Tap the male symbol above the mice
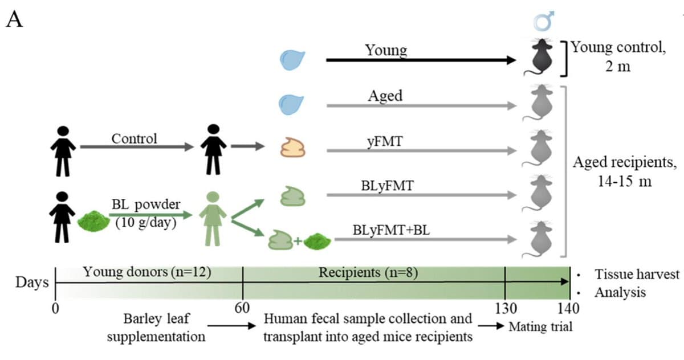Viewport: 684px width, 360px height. (x=539, y=22)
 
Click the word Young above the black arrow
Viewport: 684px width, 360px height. (x=386, y=50)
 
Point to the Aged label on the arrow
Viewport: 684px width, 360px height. (x=385, y=95)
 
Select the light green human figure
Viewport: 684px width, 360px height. (x=213, y=219)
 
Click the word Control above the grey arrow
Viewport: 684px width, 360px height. (x=134, y=138)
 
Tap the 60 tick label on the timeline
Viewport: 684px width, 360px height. (x=243, y=308)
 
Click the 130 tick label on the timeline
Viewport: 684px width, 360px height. (x=505, y=308)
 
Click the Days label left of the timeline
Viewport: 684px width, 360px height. (x=31, y=283)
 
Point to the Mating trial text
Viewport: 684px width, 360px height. (x=539, y=327)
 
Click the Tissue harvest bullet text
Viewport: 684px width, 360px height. (x=637, y=274)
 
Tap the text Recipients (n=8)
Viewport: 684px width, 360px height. (x=368, y=272)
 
